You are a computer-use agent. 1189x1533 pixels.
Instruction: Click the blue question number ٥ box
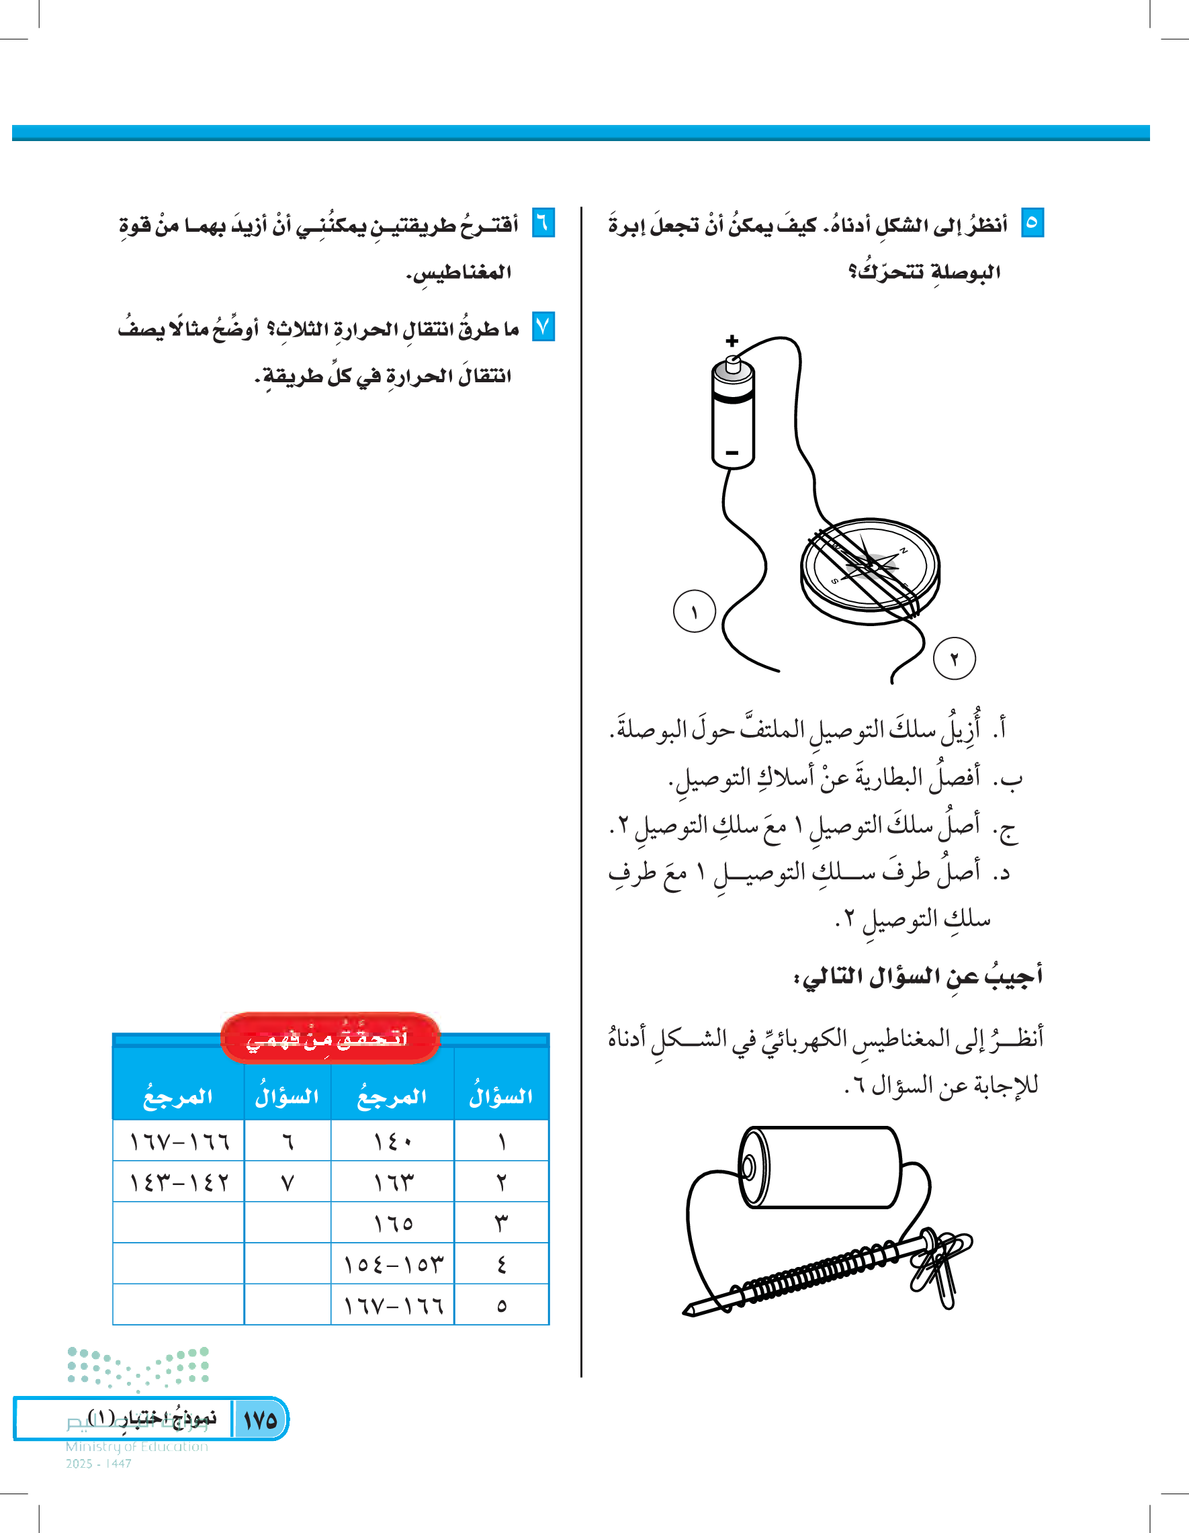pyautogui.click(x=1032, y=222)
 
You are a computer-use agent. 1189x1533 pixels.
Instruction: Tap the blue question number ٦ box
pyautogui.click(x=543, y=222)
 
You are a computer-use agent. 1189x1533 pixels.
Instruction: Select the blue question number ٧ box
pyautogui.click(x=543, y=326)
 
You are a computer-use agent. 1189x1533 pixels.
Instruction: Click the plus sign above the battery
pyautogui.click(x=732, y=341)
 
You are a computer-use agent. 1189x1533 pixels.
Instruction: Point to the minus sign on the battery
pyautogui.click(x=732, y=453)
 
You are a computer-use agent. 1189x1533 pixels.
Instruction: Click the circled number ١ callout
pyautogui.click(x=694, y=611)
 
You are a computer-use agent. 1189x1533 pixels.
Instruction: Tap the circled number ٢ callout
pyautogui.click(x=954, y=658)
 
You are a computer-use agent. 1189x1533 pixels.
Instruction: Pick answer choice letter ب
pyautogui.click(x=1011, y=779)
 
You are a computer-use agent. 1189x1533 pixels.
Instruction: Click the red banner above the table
pyautogui.click(x=330, y=1037)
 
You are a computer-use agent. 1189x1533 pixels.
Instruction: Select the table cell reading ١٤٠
pyautogui.click(x=392, y=1141)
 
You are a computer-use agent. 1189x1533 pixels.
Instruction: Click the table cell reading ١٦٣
pyautogui.click(x=392, y=1182)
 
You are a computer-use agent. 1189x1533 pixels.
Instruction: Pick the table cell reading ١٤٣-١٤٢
pyautogui.click(x=179, y=1182)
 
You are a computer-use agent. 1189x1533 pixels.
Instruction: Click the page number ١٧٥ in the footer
pyautogui.click(x=260, y=1420)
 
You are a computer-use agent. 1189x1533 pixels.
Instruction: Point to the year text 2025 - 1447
pyautogui.click(x=98, y=1464)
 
